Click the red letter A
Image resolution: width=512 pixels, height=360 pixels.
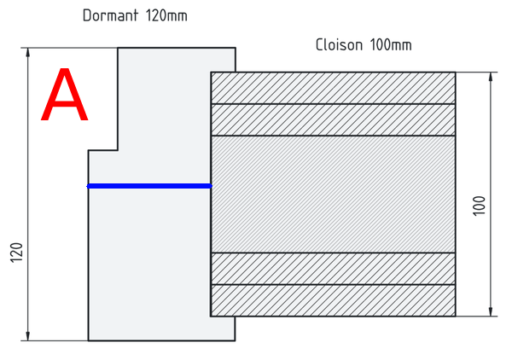[64, 95]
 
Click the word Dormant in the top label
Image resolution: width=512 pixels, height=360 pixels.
[110, 15]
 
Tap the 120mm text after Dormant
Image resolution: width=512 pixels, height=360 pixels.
[166, 15]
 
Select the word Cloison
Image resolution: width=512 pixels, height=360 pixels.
[340, 44]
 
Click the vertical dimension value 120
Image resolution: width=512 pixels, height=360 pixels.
[16, 253]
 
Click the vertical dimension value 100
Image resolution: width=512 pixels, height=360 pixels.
[479, 206]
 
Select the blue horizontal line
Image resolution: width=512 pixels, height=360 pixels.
[149, 186]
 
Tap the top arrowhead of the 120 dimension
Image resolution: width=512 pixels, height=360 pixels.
[28, 53]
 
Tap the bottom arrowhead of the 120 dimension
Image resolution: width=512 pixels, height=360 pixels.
[28, 336]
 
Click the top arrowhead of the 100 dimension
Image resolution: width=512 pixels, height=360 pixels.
[491, 78]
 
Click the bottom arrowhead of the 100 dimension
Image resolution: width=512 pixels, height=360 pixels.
[491, 311]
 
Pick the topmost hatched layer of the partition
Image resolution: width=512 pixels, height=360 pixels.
[333, 88]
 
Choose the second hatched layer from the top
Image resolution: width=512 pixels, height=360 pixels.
[333, 119]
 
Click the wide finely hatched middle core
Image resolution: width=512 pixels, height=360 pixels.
[333, 195]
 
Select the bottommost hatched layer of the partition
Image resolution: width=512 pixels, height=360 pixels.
[333, 300]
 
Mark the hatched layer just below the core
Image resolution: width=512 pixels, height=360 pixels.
[333, 269]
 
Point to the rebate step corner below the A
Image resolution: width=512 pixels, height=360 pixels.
[118, 150]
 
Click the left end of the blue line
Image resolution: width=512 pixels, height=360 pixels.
[88, 186]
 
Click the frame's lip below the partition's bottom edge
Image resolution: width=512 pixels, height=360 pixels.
[223, 328]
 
